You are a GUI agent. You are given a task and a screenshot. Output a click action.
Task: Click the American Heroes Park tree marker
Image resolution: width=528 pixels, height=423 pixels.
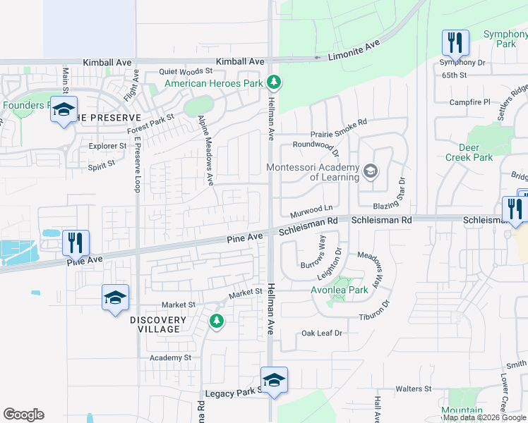click(275, 83)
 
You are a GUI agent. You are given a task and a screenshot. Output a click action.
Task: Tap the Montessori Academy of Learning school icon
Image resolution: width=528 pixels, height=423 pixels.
click(370, 171)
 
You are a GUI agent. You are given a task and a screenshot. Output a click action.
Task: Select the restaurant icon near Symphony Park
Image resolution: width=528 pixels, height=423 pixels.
click(455, 42)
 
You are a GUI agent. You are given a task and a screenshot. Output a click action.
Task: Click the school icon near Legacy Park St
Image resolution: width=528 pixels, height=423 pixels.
click(274, 379)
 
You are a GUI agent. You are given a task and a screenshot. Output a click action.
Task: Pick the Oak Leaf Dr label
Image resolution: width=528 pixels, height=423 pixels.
click(321, 333)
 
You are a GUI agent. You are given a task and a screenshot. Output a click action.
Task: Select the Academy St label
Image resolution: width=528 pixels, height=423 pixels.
click(170, 357)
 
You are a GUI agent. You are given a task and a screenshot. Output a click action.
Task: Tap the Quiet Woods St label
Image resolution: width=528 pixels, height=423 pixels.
click(186, 71)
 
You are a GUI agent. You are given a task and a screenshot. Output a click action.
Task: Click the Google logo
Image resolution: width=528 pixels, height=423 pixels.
click(23, 415)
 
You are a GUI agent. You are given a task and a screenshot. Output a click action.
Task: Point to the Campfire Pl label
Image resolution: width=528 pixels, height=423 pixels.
click(470, 102)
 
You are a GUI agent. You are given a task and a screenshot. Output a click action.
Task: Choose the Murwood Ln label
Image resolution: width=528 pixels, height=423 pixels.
click(311, 208)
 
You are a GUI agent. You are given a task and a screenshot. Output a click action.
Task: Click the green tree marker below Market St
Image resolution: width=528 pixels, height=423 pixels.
click(216, 321)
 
